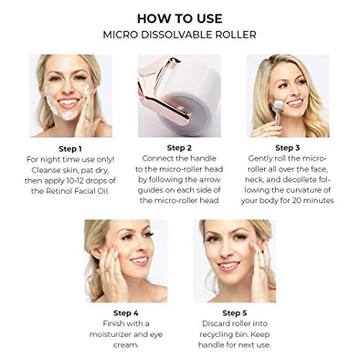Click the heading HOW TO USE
(180, 19)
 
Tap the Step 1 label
(70, 149)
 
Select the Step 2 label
(179, 148)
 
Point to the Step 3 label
(287, 148)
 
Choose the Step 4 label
(126, 313)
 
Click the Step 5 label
(235, 313)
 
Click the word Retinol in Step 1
(59, 191)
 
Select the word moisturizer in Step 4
(111, 335)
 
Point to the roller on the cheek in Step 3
(280, 106)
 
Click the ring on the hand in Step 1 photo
(88, 118)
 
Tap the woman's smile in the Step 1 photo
(67, 103)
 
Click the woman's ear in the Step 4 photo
(96, 253)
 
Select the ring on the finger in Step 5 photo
(263, 268)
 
